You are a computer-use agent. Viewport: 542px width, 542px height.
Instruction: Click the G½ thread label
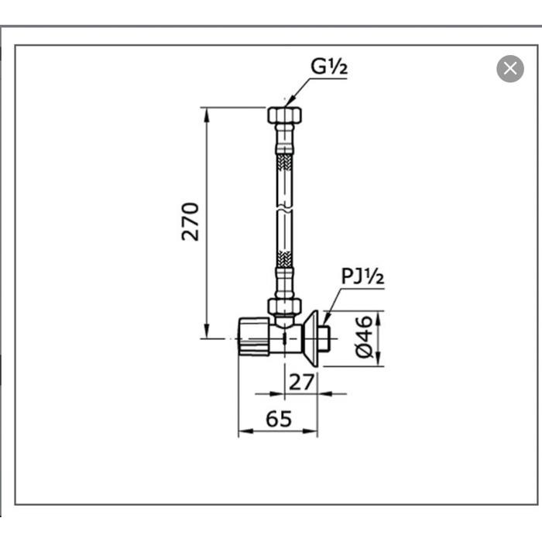click(329, 67)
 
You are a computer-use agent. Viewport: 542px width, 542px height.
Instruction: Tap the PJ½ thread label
click(362, 277)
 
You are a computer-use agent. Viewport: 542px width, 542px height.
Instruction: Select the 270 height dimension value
click(190, 221)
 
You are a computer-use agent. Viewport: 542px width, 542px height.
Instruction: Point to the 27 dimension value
click(301, 381)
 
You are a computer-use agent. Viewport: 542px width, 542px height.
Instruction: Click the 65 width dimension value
click(279, 419)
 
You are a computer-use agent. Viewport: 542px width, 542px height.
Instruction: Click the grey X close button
click(509, 68)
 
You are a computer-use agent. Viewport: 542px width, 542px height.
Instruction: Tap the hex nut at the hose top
click(284, 115)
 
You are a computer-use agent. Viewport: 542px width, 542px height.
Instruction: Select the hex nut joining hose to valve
click(284, 305)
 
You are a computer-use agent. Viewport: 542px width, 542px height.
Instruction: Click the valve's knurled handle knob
click(252, 338)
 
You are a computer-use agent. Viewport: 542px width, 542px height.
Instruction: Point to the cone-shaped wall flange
click(311, 338)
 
